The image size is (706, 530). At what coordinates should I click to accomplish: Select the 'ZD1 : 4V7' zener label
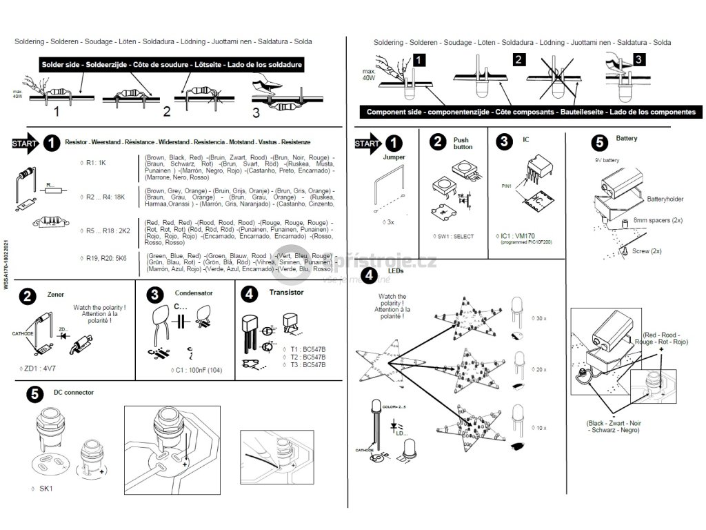click(x=40, y=369)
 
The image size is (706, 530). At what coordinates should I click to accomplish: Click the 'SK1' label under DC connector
click(x=46, y=489)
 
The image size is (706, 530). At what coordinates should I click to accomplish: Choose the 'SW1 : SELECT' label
click(x=452, y=237)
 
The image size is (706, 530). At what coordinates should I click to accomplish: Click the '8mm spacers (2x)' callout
click(x=658, y=220)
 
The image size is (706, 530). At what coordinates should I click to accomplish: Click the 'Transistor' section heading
click(x=287, y=293)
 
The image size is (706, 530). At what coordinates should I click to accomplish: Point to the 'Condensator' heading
click(x=194, y=293)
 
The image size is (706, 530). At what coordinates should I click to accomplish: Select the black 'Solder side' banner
click(x=172, y=64)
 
